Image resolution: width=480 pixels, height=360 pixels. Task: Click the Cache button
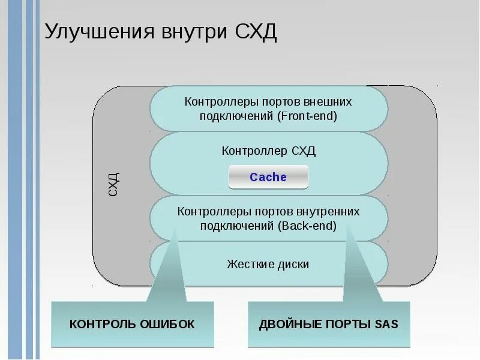[268, 177]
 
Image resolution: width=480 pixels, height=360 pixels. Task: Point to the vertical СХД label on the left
[113, 184]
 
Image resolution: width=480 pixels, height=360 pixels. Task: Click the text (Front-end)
[308, 116]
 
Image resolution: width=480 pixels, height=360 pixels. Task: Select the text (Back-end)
[307, 226]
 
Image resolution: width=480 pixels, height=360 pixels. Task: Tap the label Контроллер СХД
[268, 151]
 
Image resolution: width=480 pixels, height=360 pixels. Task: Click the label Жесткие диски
[268, 263]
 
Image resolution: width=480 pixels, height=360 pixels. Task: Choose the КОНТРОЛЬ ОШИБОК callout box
[132, 324]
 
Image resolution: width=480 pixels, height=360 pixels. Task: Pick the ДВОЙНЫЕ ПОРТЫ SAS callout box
[329, 324]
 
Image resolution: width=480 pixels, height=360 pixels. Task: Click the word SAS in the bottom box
[386, 325]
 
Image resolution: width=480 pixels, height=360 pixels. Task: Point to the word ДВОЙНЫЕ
[286, 325]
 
